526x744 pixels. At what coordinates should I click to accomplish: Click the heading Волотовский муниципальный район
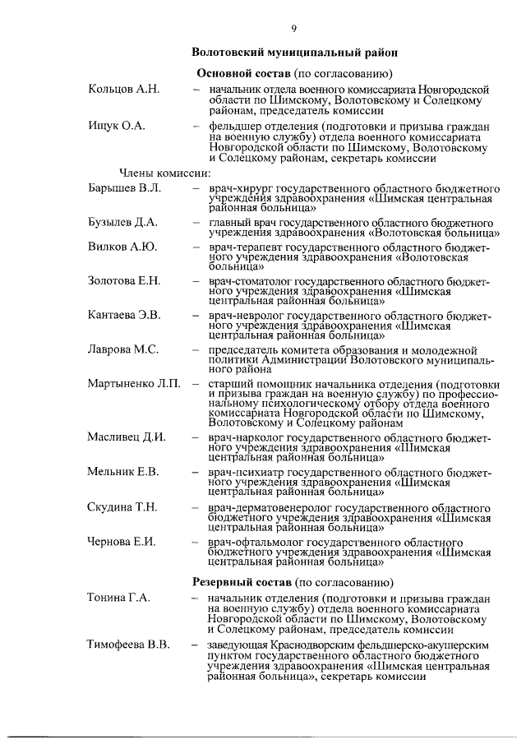[295, 52]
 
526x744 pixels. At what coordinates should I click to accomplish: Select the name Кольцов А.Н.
[124, 88]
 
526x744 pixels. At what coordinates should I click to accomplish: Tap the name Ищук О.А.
[116, 125]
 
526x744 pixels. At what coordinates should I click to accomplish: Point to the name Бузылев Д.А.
[122, 222]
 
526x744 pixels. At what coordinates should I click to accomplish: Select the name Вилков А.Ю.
[122, 247]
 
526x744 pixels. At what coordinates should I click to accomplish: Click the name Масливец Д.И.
[127, 436]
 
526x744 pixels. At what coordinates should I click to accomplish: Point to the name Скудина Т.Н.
[122, 506]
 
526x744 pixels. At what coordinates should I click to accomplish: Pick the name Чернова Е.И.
[122, 541]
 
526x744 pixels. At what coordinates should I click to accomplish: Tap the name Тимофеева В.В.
[128, 644]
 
